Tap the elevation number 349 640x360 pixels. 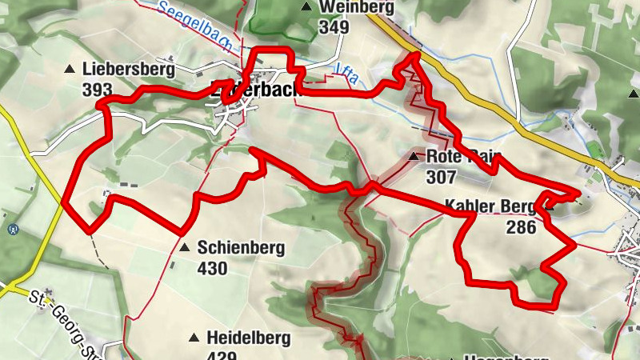pos(334,27)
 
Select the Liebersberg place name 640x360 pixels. pos(128,69)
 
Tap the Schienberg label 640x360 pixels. pos(240,248)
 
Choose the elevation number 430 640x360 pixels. pos(212,268)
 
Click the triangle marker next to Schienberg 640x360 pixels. pos(185,248)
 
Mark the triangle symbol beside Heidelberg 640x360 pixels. pos(194,338)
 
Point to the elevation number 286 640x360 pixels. pos(521,226)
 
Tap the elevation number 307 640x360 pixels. pos(441,176)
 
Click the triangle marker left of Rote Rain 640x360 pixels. pos(414,156)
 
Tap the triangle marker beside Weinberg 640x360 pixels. pos(306,7)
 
